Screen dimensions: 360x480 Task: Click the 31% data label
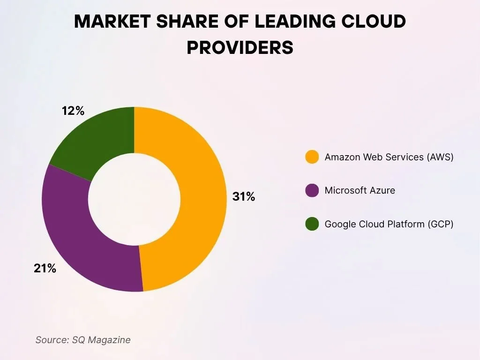click(x=244, y=197)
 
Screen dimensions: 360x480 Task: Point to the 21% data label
click(x=45, y=269)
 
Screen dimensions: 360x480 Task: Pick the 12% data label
click(x=73, y=111)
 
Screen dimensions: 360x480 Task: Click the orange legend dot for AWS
click(x=312, y=157)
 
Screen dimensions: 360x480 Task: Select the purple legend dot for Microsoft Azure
click(x=312, y=190)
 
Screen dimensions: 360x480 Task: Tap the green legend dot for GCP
click(x=312, y=224)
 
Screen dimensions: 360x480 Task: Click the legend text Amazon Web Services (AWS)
click(x=389, y=157)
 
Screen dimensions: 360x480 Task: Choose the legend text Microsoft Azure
click(x=360, y=190)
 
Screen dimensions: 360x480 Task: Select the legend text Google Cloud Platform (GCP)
click(x=389, y=224)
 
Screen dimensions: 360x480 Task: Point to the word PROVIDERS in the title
click(x=240, y=48)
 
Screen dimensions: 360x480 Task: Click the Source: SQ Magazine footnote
click(x=83, y=340)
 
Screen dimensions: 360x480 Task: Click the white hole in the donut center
click(x=134, y=199)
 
